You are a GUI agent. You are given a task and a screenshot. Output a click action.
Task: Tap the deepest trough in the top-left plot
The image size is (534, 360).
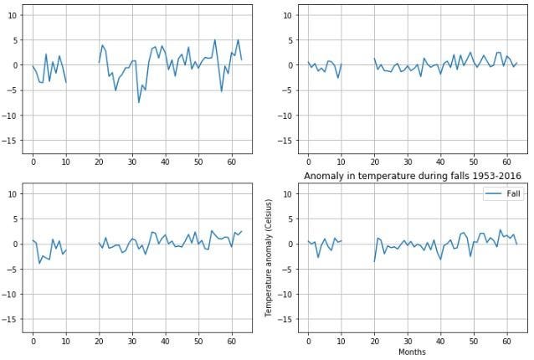click(139, 102)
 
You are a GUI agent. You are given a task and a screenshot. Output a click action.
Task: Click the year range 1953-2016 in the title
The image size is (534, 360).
click(490, 176)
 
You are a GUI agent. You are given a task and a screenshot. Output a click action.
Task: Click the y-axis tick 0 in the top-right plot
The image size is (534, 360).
click(290, 65)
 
